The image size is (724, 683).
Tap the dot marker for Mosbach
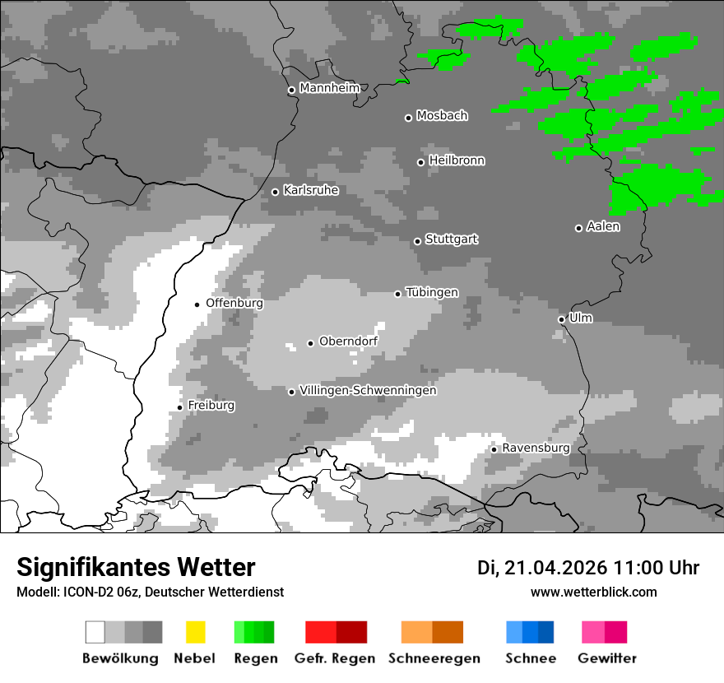point(408,118)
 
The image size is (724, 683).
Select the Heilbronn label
point(457,160)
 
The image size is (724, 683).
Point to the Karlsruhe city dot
point(276,193)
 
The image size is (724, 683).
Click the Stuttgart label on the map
point(452,239)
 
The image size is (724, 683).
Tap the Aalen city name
point(603,226)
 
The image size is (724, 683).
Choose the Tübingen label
point(432,293)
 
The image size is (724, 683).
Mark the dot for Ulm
point(561,319)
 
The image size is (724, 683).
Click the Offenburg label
point(234,303)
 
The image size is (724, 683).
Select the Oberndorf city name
point(348,341)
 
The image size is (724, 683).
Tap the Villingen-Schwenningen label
point(368,390)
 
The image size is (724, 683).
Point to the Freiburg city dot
point(179,407)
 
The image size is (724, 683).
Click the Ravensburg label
point(536,448)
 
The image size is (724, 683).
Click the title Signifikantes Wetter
point(136,568)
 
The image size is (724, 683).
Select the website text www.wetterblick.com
point(593,592)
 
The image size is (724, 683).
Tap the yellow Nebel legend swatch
point(195,632)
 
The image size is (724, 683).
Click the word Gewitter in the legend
point(606,658)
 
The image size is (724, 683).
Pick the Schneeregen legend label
point(434,658)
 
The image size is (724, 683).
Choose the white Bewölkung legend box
point(95,632)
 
